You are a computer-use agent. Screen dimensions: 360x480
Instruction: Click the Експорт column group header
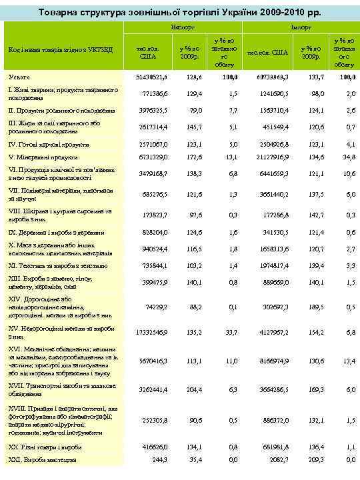180,29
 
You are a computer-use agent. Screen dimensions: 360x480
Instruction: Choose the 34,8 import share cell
347,157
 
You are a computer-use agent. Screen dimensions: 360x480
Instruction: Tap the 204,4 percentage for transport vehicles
191,389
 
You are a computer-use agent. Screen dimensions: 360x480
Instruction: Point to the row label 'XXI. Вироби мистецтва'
42,459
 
